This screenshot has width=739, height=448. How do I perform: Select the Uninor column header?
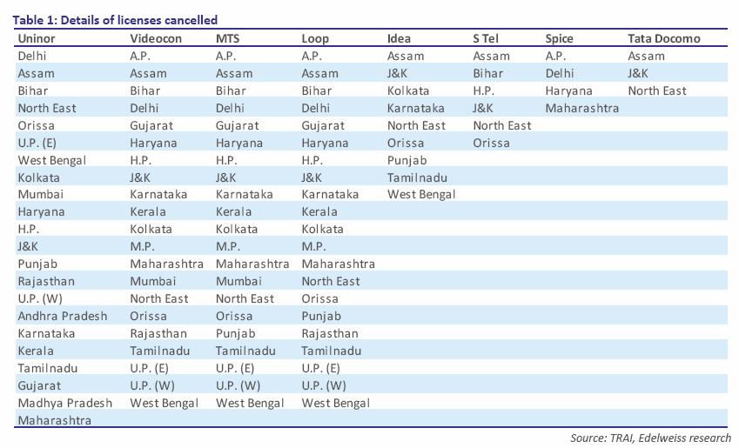(x=37, y=38)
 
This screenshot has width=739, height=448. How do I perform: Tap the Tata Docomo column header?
(x=663, y=38)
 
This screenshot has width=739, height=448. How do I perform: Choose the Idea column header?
(x=399, y=38)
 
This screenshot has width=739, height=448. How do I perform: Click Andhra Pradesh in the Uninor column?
(x=63, y=316)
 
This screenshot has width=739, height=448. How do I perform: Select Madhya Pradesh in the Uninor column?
(x=64, y=403)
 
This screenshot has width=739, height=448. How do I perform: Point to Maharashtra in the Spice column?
(x=581, y=108)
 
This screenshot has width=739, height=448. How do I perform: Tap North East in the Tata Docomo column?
(x=656, y=90)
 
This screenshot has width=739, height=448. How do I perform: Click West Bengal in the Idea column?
(x=421, y=194)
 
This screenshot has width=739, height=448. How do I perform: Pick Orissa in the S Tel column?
(x=491, y=143)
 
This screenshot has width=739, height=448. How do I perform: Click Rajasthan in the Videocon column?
(x=158, y=333)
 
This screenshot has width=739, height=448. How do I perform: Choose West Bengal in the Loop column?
(x=335, y=403)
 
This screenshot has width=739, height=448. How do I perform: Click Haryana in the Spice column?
(x=568, y=90)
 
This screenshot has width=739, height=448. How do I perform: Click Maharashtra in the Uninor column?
(x=54, y=420)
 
